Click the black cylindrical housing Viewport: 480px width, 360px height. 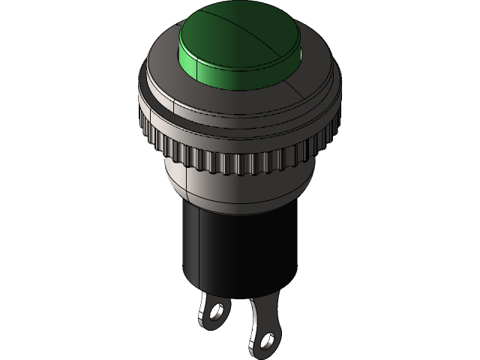[225, 247]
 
